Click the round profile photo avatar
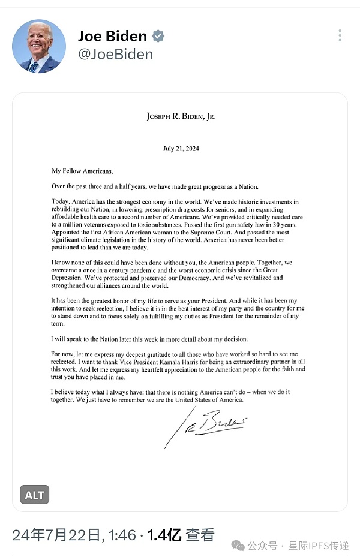[39, 46]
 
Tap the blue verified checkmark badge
[158, 37]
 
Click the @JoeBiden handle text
[115, 55]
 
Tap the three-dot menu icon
[340, 35]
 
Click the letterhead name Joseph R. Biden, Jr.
[181, 116]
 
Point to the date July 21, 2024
[181, 148]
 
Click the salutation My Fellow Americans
[82, 171]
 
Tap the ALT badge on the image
[35, 495]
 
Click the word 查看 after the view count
[199, 535]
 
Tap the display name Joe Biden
[112, 36]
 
